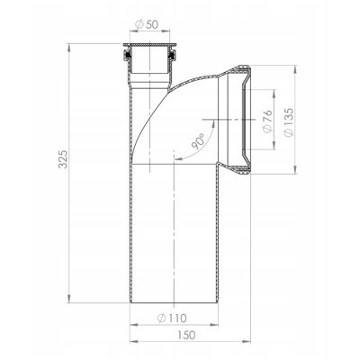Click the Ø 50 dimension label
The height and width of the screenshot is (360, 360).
(x=147, y=24)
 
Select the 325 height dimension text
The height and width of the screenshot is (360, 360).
(x=63, y=158)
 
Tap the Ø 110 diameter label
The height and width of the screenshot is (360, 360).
(x=172, y=318)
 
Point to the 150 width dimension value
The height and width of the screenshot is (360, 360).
(x=186, y=335)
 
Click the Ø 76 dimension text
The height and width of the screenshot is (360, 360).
(x=267, y=121)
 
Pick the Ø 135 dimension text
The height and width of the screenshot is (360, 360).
(x=288, y=122)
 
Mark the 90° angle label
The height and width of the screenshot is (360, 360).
(x=198, y=141)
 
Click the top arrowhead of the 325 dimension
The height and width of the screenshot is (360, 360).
(x=69, y=48)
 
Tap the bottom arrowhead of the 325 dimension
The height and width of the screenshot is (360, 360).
(x=69, y=299)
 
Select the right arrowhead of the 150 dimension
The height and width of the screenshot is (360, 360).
(x=247, y=341)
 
